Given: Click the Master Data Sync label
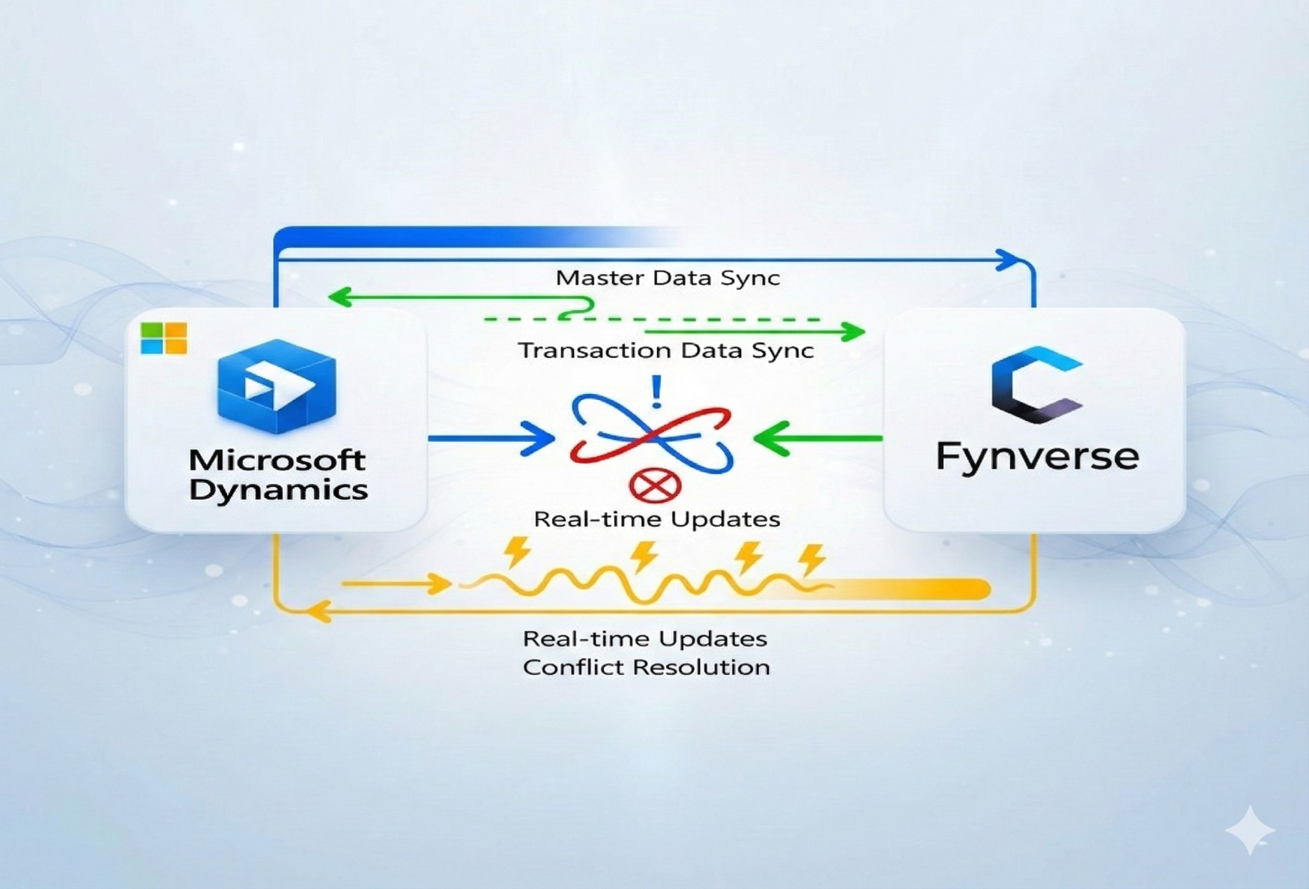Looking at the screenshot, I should pyautogui.click(x=667, y=278).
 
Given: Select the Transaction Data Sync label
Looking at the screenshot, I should pyautogui.click(x=665, y=351).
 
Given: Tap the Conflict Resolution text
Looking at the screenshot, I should pyautogui.click(x=646, y=667).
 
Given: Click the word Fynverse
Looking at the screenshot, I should pyautogui.click(x=1037, y=456).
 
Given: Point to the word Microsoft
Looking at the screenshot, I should pyautogui.click(x=277, y=459).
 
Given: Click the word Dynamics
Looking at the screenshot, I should pyautogui.click(x=278, y=491).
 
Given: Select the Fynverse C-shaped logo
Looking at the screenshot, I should pyautogui.click(x=1036, y=384).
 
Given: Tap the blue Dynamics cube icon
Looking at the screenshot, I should pyautogui.click(x=276, y=385).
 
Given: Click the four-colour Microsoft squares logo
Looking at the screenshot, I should pyautogui.click(x=163, y=339).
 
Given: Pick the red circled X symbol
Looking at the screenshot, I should pyautogui.click(x=655, y=486).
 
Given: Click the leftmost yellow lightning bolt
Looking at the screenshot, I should pyautogui.click(x=517, y=552).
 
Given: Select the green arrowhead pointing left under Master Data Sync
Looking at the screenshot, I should pyautogui.click(x=341, y=297).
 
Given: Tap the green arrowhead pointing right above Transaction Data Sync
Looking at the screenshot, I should pyautogui.click(x=852, y=331).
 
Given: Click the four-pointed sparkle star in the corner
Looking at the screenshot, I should pyautogui.click(x=1249, y=830).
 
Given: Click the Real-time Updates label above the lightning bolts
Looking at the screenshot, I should pyautogui.click(x=656, y=519).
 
